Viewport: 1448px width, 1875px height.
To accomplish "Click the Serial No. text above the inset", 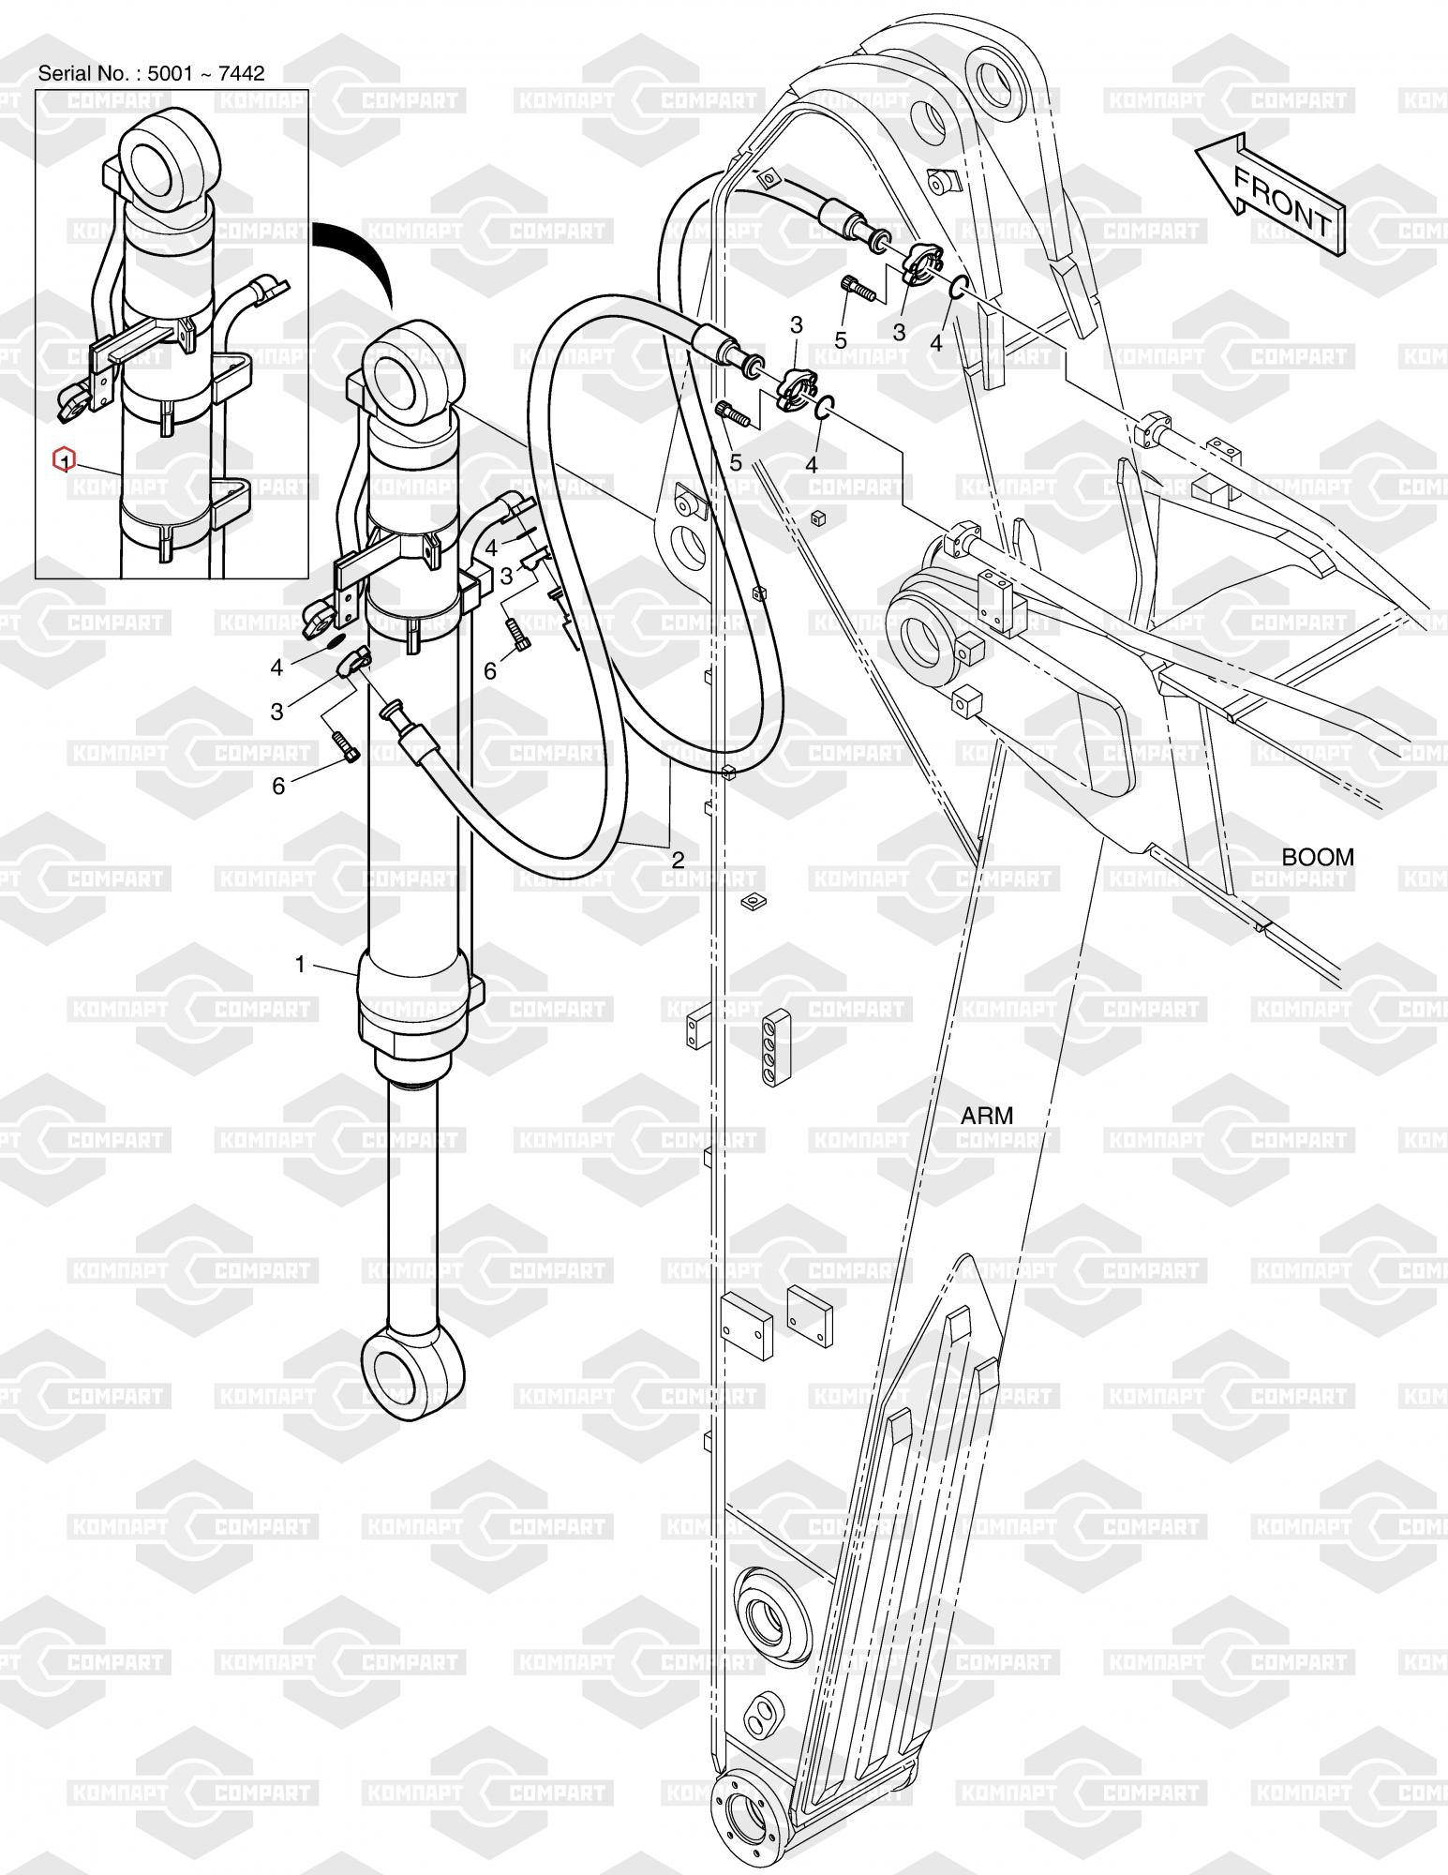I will (x=151, y=73).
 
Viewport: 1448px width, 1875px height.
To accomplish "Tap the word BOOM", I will (x=1317, y=857).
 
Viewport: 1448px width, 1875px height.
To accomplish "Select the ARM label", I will (x=987, y=1116).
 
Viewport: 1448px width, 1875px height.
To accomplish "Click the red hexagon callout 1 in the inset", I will (x=63, y=460).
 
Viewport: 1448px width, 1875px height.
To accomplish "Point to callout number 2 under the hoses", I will (x=678, y=859).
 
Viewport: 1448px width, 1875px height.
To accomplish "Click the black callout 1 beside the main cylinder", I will (x=301, y=964).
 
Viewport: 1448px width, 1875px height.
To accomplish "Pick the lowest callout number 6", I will (x=278, y=786).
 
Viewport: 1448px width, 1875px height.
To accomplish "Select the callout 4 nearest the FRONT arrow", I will (x=935, y=343).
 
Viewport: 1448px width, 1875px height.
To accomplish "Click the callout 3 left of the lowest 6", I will (x=276, y=712).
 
